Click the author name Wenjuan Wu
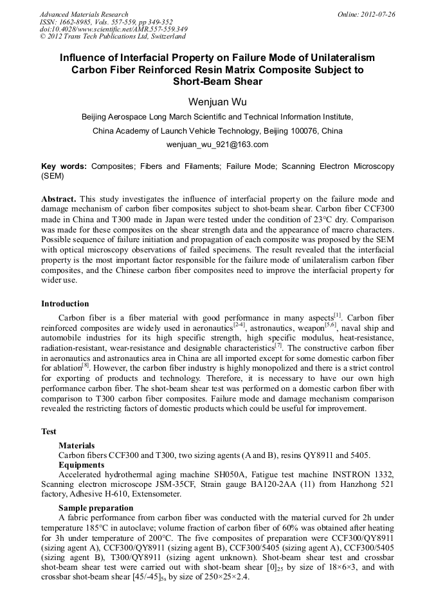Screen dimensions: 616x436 (x=217, y=102)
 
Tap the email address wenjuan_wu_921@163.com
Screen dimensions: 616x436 (x=217, y=145)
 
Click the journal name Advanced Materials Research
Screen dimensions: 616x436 (x=84, y=14)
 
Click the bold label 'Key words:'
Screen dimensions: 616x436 (x=64, y=166)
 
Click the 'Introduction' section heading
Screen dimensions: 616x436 (x=65, y=304)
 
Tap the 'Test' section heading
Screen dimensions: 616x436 (x=49, y=432)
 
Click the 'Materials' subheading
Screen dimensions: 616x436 (x=77, y=445)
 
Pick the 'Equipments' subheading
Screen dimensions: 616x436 (x=80, y=464)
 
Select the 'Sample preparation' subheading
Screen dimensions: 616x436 (x=96, y=507)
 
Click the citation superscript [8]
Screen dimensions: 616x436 (x=85, y=366)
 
